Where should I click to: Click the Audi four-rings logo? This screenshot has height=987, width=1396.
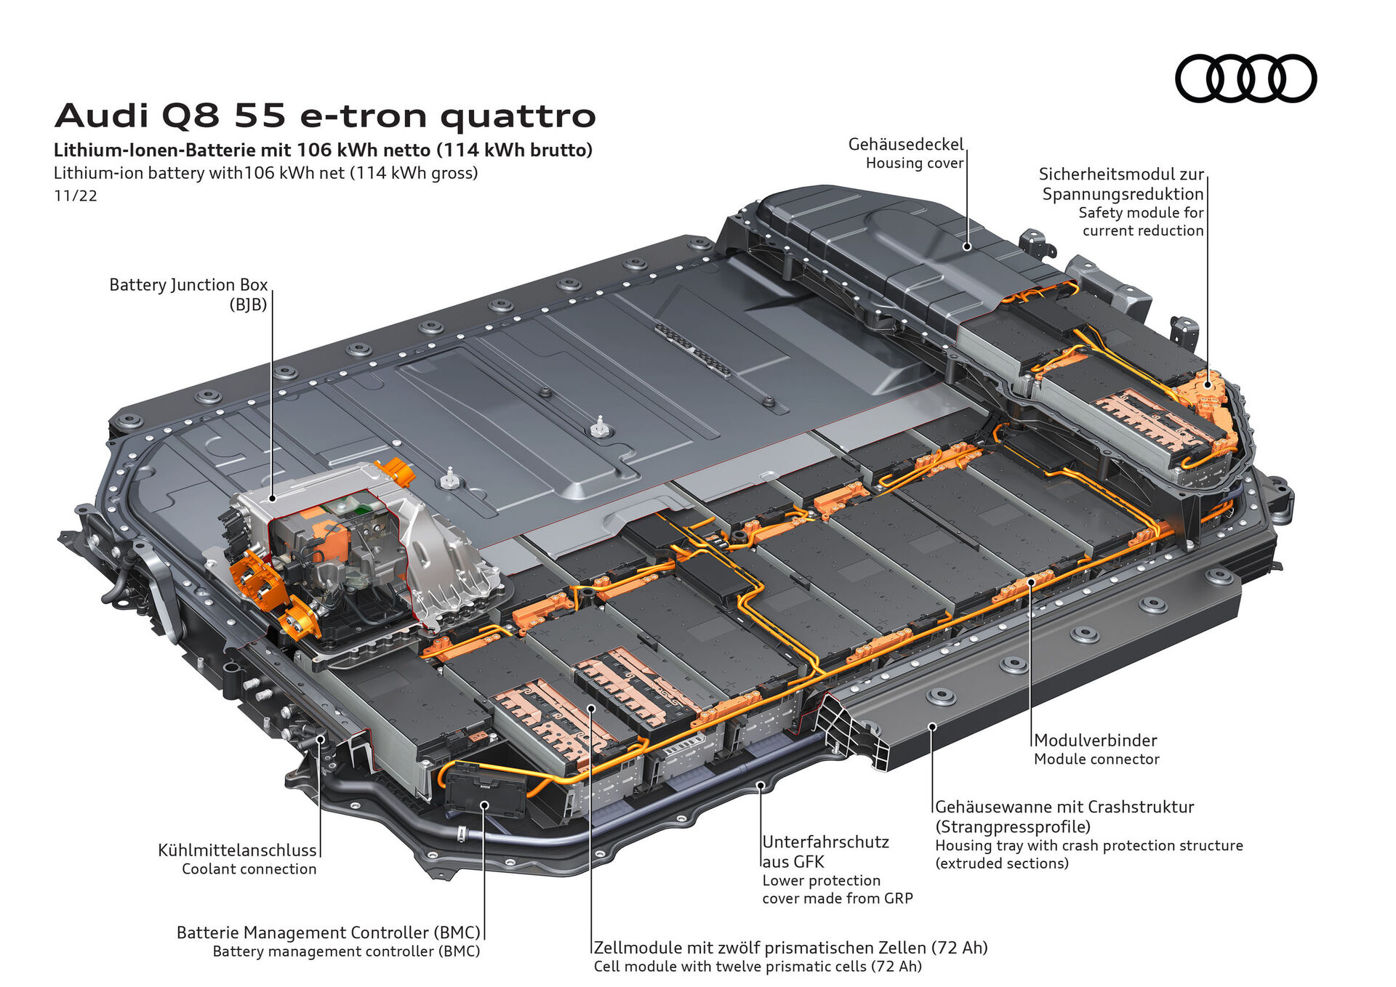point(1245,78)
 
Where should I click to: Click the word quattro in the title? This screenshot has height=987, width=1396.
point(518,116)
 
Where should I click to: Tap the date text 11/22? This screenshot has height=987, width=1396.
point(76,196)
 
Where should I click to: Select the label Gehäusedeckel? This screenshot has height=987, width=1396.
point(905,144)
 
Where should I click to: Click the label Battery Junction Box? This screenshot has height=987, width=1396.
point(188,284)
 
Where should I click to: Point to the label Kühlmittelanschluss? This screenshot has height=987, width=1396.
point(237,850)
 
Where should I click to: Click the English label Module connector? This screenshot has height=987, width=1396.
point(1096,759)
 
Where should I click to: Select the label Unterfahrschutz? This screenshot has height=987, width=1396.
point(825,842)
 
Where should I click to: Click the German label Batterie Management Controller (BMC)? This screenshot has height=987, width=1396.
point(328,932)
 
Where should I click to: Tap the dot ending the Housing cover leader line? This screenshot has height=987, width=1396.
point(967,247)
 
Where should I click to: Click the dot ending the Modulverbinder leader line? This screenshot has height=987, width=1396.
point(1030,581)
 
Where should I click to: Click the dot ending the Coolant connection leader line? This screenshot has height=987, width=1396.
point(320,739)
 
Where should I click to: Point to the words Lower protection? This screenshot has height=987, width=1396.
point(821,880)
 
